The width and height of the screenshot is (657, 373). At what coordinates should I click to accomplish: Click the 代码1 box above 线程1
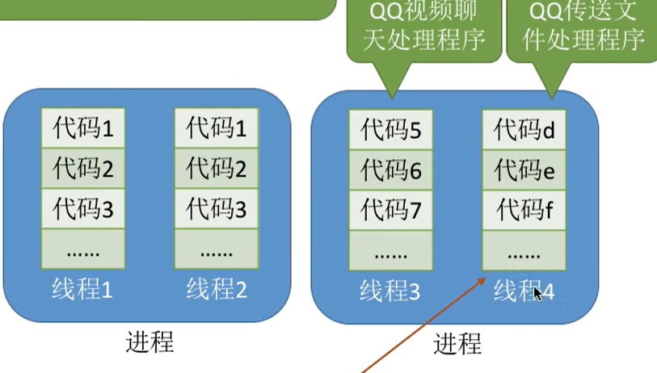coord(84,128)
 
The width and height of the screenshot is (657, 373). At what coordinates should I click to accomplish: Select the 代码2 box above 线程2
coord(216,169)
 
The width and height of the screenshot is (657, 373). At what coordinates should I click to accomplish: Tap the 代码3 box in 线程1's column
coord(84,210)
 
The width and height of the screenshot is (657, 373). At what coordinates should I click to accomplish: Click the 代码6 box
coord(391,170)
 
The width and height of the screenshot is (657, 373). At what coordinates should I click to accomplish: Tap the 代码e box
coord(524,170)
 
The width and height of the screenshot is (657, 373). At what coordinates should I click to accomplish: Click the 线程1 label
coord(84,289)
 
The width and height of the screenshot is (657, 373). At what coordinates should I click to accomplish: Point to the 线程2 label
coord(216,289)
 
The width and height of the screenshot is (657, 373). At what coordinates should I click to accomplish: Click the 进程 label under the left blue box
coord(150,342)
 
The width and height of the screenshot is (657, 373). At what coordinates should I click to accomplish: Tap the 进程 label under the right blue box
coord(457,344)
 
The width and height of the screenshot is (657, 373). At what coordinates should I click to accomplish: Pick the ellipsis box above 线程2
coord(216,250)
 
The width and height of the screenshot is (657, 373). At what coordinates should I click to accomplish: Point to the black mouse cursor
coord(537,292)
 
